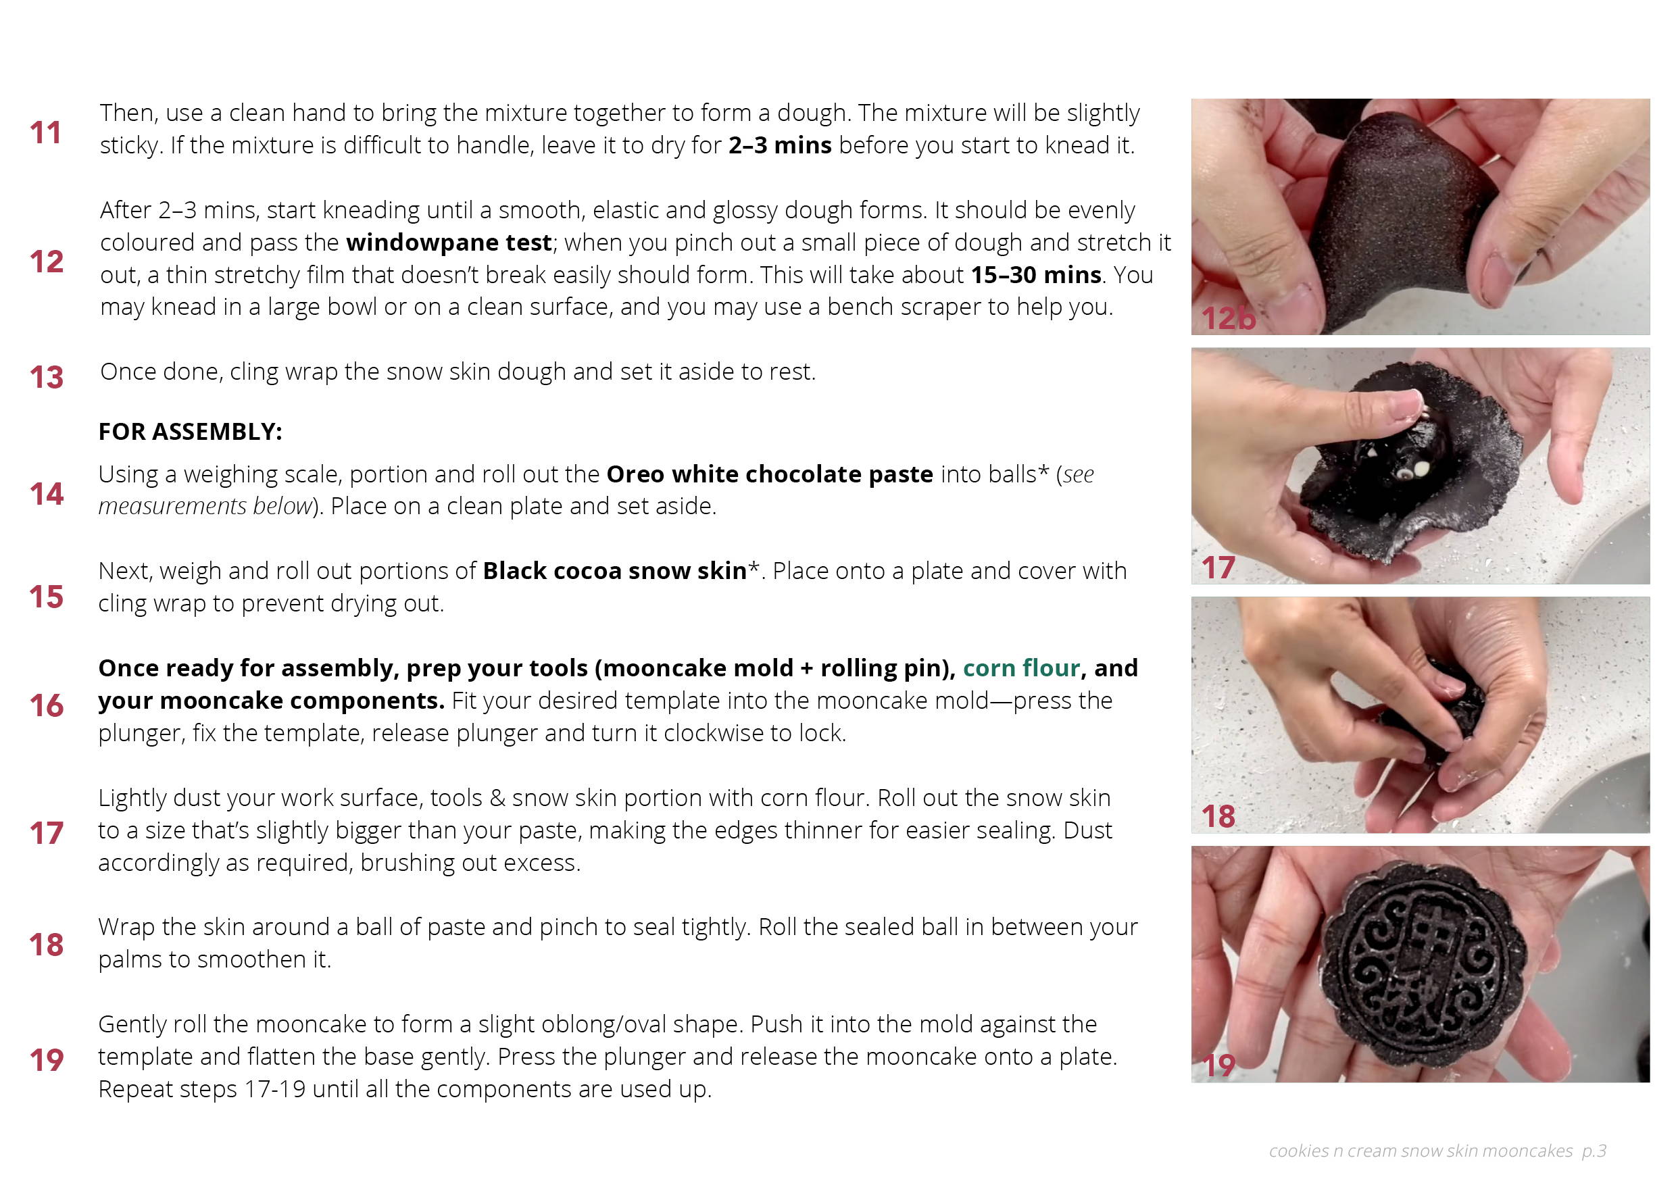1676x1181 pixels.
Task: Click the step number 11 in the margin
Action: tap(45, 133)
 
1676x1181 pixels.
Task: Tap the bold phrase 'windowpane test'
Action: tap(448, 243)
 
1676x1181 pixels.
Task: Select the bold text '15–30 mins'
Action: tap(1036, 274)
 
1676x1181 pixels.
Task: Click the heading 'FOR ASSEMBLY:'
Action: tap(191, 431)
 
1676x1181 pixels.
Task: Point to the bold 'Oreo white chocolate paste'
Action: tap(769, 474)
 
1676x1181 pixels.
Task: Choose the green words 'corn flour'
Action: tap(1021, 668)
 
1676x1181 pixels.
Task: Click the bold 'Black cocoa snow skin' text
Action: tap(614, 571)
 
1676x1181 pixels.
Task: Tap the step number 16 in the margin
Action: tap(46, 706)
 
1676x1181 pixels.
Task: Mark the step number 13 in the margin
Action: tap(46, 378)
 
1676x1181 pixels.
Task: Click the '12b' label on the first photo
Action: tap(1228, 318)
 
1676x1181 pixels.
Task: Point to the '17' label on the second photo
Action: tap(1218, 567)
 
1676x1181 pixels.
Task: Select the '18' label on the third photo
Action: tap(1218, 816)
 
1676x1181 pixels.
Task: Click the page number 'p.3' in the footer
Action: tap(1594, 1151)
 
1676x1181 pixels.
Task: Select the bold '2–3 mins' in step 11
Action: tap(780, 145)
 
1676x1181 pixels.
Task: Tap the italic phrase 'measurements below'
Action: tap(205, 506)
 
